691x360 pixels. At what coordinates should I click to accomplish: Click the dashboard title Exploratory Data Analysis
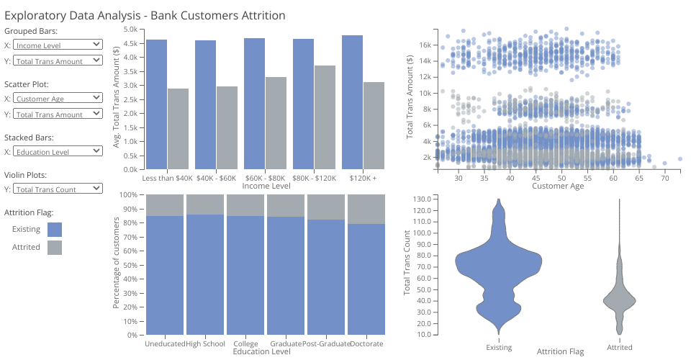(145, 15)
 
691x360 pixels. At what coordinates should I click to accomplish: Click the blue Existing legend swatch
(55, 230)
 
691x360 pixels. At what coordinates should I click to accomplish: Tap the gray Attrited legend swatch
(55, 248)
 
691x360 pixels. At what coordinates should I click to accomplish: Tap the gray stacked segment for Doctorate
(367, 209)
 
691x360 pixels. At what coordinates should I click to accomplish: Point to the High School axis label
(205, 344)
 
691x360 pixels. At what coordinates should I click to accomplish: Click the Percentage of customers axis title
(117, 265)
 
